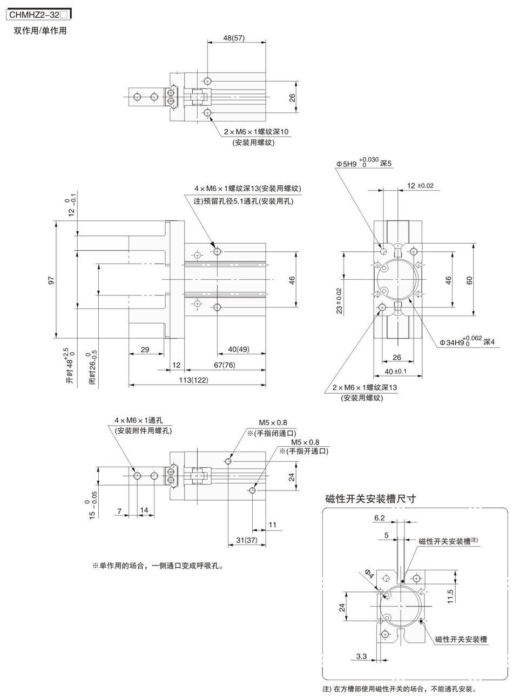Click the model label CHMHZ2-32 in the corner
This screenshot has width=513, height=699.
[x=34, y=15]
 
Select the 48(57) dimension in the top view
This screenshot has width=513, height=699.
[x=234, y=38]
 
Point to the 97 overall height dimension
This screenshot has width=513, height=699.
[x=51, y=280]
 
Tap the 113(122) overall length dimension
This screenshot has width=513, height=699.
[x=193, y=380]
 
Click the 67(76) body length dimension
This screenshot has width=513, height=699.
[x=225, y=365]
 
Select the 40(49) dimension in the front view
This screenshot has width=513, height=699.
[x=239, y=349]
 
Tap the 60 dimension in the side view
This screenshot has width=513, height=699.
[x=469, y=280]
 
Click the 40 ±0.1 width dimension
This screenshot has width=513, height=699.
[x=395, y=371]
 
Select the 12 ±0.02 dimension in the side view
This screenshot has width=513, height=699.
[x=420, y=186]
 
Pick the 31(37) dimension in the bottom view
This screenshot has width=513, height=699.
[x=247, y=540]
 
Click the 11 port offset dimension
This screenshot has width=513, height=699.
[x=273, y=525]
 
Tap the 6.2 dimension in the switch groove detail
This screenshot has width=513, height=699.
[x=380, y=517]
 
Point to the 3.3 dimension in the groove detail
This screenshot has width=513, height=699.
[x=361, y=656]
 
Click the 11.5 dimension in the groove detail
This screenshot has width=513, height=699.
[x=450, y=596]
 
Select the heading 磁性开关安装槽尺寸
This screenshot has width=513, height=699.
[x=370, y=499]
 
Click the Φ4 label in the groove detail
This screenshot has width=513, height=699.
[x=369, y=574]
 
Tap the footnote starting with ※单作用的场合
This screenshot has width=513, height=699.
[x=158, y=566]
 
